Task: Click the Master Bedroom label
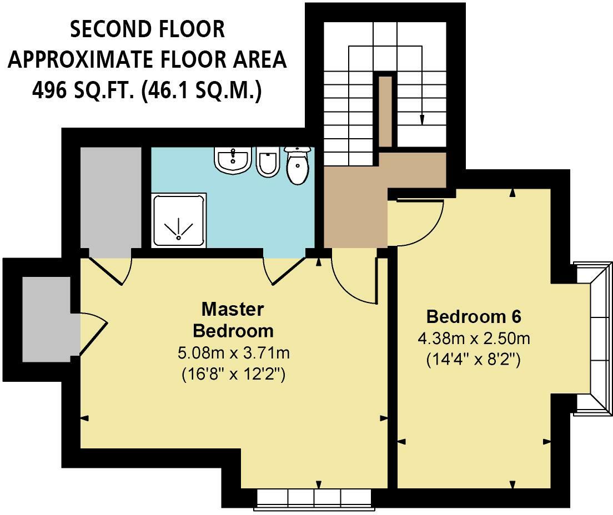[x=233, y=320]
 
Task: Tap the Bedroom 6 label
[x=474, y=317]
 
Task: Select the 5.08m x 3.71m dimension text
[x=233, y=353]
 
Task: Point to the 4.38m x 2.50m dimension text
[x=474, y=339]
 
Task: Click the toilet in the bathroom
[x=298, y=165]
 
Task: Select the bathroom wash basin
[x=233, y=160]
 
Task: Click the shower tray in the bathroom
[x=178, y=220]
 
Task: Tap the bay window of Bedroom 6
[x=591, y=339]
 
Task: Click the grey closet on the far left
[x=46, y=319]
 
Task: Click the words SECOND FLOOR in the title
[x=147, y=29]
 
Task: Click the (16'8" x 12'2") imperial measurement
[x=233, y=375]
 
